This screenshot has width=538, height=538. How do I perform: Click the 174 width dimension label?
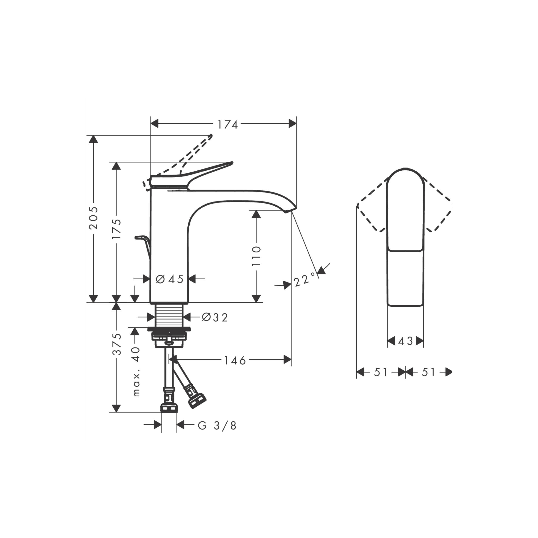click(227, 124)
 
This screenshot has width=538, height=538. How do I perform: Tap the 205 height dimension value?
click(94, 218)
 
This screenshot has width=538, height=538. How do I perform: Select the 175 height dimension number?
click(117, 229)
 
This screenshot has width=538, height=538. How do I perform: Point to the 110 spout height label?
click(257, 256)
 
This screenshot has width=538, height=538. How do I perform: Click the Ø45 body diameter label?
click(170, 279)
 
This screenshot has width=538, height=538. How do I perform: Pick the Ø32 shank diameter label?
click(215, 317)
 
